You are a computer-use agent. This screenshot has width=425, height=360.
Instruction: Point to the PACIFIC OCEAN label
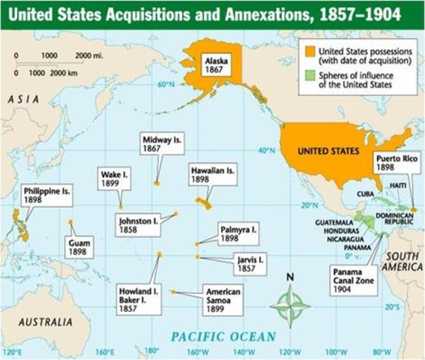tap(222, 337)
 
